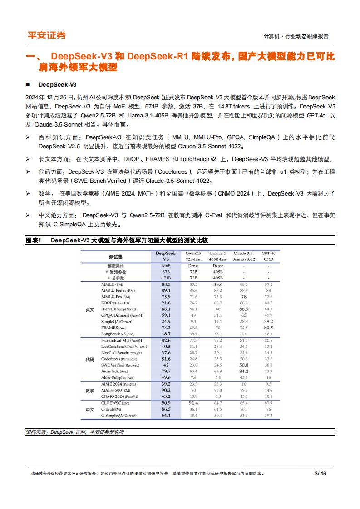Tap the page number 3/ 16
[x=321, y=474]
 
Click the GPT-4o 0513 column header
[x=268, y=256]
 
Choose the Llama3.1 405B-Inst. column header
[x=218, y=256]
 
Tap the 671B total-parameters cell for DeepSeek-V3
[x=166, y=278]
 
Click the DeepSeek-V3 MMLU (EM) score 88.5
[x=166, y=284]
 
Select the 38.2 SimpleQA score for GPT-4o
[x=268, y=321]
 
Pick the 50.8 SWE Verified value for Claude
[x=243, y=365]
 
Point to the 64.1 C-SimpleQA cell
[x=166, y=415]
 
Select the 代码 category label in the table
[x=90, y=359]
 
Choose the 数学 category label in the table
[x=90, y=390]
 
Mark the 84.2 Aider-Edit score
[x=243, y=371]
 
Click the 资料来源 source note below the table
[x=74, y=432]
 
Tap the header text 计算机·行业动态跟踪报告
[x=296, y=36]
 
